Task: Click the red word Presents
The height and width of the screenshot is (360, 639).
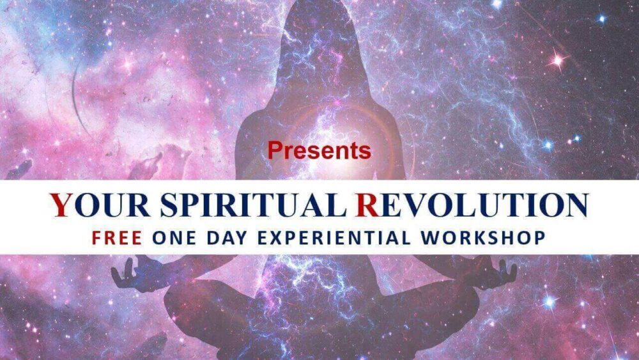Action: point(319,150)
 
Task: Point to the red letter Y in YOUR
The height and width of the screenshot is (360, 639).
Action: point(61,205)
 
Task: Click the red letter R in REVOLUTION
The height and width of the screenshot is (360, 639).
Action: point(369,205)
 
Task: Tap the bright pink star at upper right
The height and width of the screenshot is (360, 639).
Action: point(557,61)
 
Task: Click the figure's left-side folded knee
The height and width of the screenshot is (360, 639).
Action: point(185,307)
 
